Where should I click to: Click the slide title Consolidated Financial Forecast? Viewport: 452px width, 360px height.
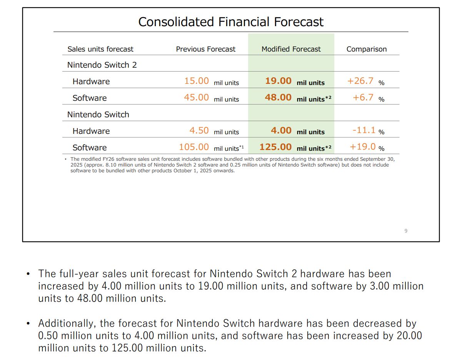coord(231,22)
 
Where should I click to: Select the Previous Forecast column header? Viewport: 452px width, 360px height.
coord(205,49)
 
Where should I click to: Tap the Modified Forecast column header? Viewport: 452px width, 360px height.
coord(291,49)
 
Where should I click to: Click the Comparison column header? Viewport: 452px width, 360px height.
coord(366,49)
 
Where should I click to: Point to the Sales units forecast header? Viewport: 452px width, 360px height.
coord(100,49)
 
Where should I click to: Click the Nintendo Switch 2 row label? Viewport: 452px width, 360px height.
coord(102,65)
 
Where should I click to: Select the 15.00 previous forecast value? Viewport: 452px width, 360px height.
coord(196,81)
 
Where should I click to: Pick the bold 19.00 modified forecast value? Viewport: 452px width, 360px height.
coord(278,81)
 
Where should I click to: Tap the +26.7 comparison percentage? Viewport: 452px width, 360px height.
coord(360,81)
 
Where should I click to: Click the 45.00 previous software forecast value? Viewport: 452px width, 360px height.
coord(196,98)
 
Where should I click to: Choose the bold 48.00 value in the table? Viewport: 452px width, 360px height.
coord(278,98)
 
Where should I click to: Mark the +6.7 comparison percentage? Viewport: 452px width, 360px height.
coord(363,98)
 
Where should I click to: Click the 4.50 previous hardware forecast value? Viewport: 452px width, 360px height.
coord(199,131)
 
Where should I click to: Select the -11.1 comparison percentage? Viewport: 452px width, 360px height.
coord(364,130)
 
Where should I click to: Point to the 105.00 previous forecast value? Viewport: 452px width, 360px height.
coord(194,147)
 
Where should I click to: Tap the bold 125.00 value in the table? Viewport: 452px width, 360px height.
coord(275,147)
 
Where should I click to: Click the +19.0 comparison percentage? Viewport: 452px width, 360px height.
coord(362,147)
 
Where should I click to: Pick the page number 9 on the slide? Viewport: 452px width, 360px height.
coord(406,231)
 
